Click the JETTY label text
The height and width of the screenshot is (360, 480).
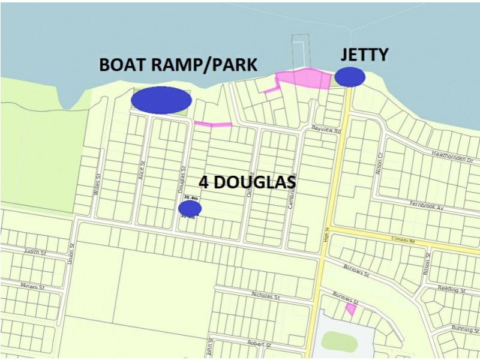(364, 55)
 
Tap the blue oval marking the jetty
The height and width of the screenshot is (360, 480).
(350, 76)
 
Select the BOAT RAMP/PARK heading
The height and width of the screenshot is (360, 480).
(178, 65)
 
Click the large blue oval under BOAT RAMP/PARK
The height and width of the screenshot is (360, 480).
(161, 100)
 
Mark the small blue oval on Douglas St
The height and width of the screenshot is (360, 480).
(190, 208)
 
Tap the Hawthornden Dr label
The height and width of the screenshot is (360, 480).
(453, 153)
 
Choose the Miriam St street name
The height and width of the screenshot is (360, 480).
(32, 286)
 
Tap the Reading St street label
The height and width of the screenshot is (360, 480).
(451, 290)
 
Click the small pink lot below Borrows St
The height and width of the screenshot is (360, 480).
(350, 310)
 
